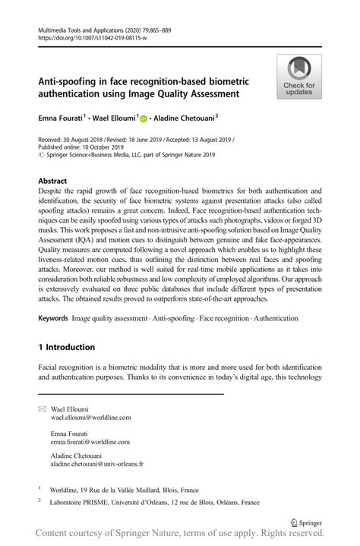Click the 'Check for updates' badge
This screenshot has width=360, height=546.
[x=299, y=76]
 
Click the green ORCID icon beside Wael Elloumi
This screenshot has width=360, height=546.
[x=142, y=118]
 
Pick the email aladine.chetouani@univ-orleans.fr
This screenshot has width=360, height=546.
[x=97, y=463]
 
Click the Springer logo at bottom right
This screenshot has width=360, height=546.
[x=306, y=522]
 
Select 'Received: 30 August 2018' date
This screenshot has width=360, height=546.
[x=69, y=140]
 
